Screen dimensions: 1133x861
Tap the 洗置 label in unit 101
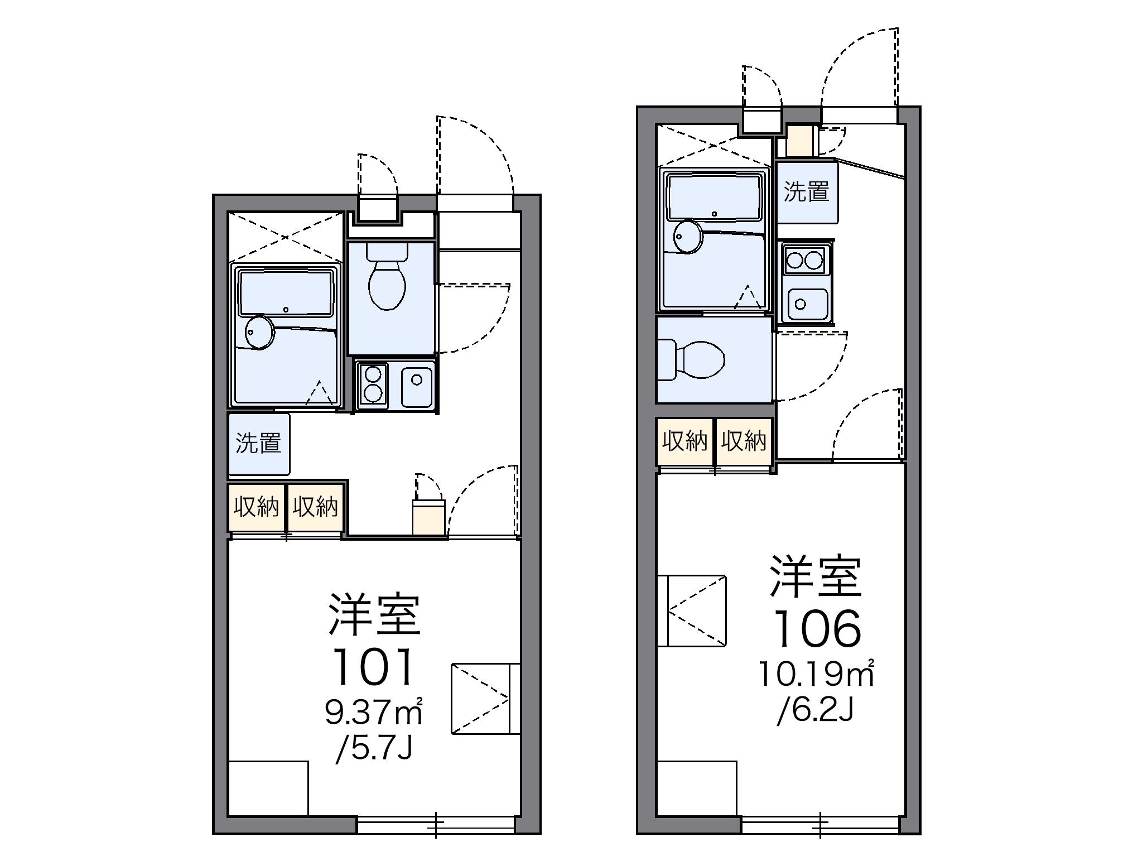coord(258,443)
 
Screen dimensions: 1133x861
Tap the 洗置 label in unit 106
coord(807,191)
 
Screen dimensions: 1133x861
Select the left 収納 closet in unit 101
coord(257,507)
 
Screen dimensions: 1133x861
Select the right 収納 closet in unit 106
coord(744,441)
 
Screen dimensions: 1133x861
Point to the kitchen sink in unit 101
coord(417,386)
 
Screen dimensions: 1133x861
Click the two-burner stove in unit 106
coord(804,261)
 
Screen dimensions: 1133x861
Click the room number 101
coord(373,667)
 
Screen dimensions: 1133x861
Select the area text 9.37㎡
coord(373,712)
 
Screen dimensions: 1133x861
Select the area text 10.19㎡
coord(815,675)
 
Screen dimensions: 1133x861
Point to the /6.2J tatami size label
coord(816,710)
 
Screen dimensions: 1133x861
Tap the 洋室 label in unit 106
coord(816,576)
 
